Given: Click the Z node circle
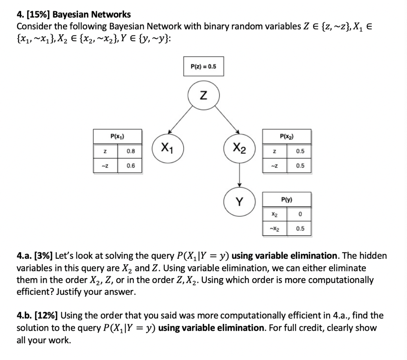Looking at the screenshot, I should (x=203, y=96).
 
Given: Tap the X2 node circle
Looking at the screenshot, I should (x=239, y=149).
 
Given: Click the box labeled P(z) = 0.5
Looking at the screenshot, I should (x=203, y=66).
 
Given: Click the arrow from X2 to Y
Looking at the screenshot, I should (x=239, y=175).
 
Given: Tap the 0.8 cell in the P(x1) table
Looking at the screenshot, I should (x=130, y=151).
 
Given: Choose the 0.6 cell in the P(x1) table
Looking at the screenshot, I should (x=130, y=166).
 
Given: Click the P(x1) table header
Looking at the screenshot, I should (x=117, y=136).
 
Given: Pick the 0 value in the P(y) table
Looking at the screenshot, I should (x=300, y=214).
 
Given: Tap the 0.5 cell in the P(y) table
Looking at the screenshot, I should (x=300, y=229).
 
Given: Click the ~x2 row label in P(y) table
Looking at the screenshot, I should (x=274, y=229).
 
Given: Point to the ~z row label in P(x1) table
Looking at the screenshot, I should (x=105, y=166).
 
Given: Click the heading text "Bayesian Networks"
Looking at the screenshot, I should (x=92, y=15).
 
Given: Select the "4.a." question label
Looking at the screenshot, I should (x=25, y=255).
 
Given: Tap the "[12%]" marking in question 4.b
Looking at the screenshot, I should (x=47, y=316).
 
